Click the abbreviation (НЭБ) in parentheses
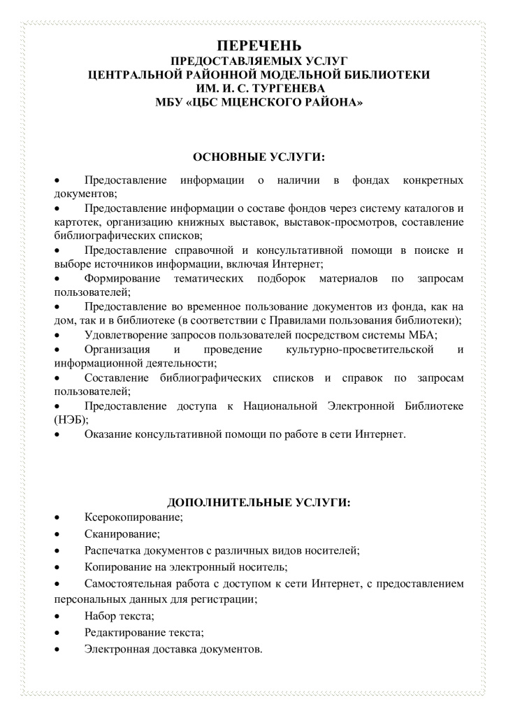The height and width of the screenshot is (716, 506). point(71,420)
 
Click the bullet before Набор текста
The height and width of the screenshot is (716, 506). point(58,616)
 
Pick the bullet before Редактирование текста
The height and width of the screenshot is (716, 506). point(58,633)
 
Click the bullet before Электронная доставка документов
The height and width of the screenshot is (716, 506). point(58,650)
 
